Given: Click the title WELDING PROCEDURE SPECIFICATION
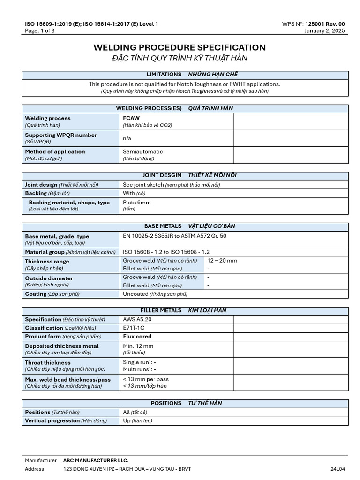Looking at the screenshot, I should tap(180, 47).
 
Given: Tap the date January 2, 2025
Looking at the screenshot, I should tap(324, 31).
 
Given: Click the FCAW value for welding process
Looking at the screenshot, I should tap(131, 118).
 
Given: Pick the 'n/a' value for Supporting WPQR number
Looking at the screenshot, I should tap(127, 138).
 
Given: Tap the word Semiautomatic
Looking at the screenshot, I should tap(143, 152).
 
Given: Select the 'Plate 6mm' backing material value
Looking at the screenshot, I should tap(137, 202).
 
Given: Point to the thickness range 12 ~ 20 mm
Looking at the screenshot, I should tap(222, 260).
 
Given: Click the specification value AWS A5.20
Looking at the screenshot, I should tap(137, 319).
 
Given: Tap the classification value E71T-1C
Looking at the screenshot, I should tap(136, 328).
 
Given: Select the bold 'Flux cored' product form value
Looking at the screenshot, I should tap(137, 336).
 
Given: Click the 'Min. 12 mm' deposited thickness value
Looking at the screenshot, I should tap(138, 346).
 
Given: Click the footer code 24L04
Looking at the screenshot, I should tap(337, 469).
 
